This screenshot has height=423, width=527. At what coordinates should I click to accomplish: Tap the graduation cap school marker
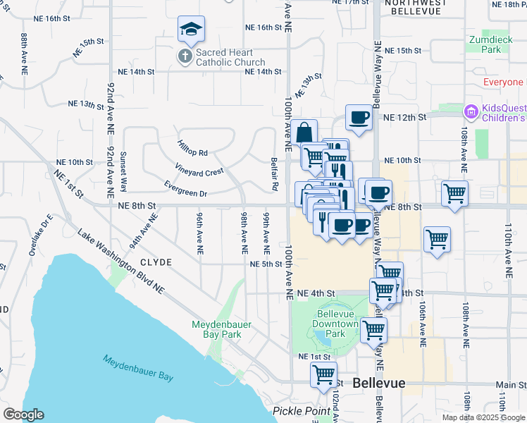point(191,30)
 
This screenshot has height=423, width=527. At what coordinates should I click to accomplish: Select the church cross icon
point(185,56)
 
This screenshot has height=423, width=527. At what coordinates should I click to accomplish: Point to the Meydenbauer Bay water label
point(138,367)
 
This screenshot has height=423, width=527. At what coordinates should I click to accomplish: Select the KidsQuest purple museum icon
point(471,111)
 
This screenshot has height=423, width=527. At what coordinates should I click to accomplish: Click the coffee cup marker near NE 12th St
point(359,117)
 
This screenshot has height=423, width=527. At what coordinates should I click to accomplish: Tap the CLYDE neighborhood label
point(156,262)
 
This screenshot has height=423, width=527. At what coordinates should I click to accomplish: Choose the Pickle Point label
point(302,411)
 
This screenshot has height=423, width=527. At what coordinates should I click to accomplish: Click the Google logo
point(23,415)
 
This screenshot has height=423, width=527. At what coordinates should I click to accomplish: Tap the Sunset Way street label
point(123,172)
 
